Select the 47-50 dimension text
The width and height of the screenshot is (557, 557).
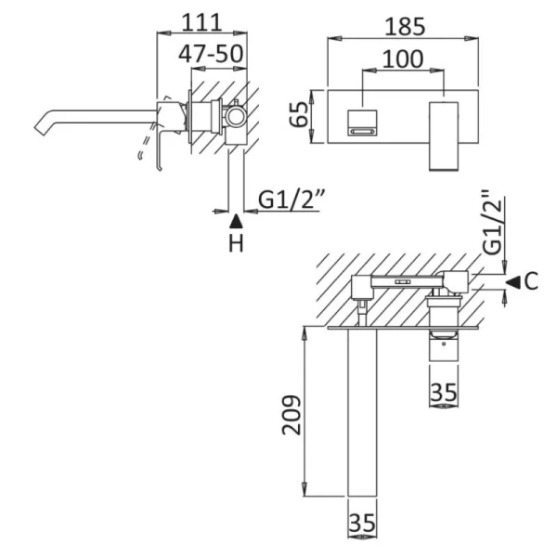tap(213, 53)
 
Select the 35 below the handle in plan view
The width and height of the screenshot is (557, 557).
tap(445, 393)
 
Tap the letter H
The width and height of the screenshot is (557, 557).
tap(236, 244)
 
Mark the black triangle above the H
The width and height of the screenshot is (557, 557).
tap(236, 221)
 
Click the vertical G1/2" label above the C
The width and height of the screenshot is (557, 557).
tap(493, 223)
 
